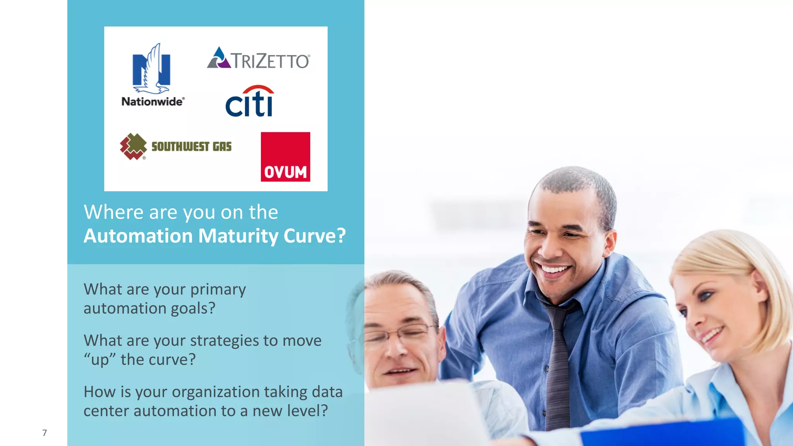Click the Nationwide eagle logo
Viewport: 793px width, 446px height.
coord(152,69)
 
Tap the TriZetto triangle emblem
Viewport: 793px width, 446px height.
coord(219,58)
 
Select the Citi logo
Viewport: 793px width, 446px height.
coord(250,101)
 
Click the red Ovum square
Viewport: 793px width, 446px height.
coord(285,157)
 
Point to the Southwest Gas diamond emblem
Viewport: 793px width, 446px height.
coord(133,146)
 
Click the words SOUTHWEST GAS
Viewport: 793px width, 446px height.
coord(191,146)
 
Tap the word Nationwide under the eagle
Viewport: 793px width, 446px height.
coord(153,102)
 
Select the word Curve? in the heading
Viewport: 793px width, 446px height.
coord(314,236)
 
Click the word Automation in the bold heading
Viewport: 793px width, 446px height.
coord(138,236)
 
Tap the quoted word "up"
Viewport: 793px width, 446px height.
coord(100,360)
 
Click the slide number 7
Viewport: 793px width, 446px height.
coord(45,433)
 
